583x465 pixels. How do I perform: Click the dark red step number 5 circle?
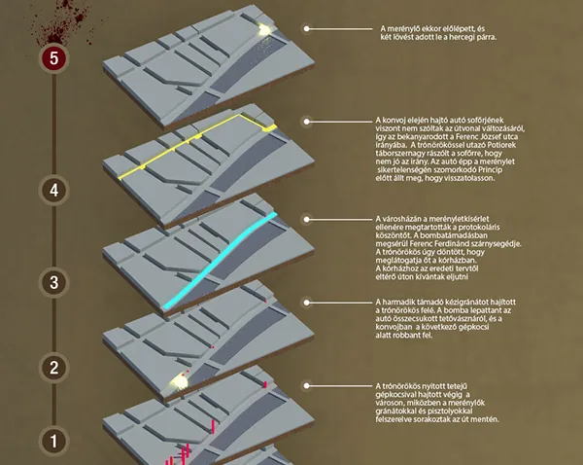pos(53,58)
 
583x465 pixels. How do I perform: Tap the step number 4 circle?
pos(53,191)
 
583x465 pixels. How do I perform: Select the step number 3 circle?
pos(53,282)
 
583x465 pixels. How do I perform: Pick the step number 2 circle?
pos(53,368)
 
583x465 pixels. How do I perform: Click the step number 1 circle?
pos(53,442)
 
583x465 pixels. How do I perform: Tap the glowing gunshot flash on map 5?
pos(264,30)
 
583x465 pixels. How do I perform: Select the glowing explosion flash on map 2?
pos(180,381)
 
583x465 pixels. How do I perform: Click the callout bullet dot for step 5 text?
pos(306,28)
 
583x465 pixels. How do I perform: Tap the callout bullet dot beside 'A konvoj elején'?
pos(306,122)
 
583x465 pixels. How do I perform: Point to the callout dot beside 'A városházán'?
pos(306,220)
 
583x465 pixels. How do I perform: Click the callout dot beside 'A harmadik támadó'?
pos(306,303)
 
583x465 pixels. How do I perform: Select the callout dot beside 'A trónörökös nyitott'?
pos(306,386)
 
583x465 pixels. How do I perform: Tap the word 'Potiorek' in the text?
pos(500,145)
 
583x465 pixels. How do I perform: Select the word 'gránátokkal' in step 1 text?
pos(395,411)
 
